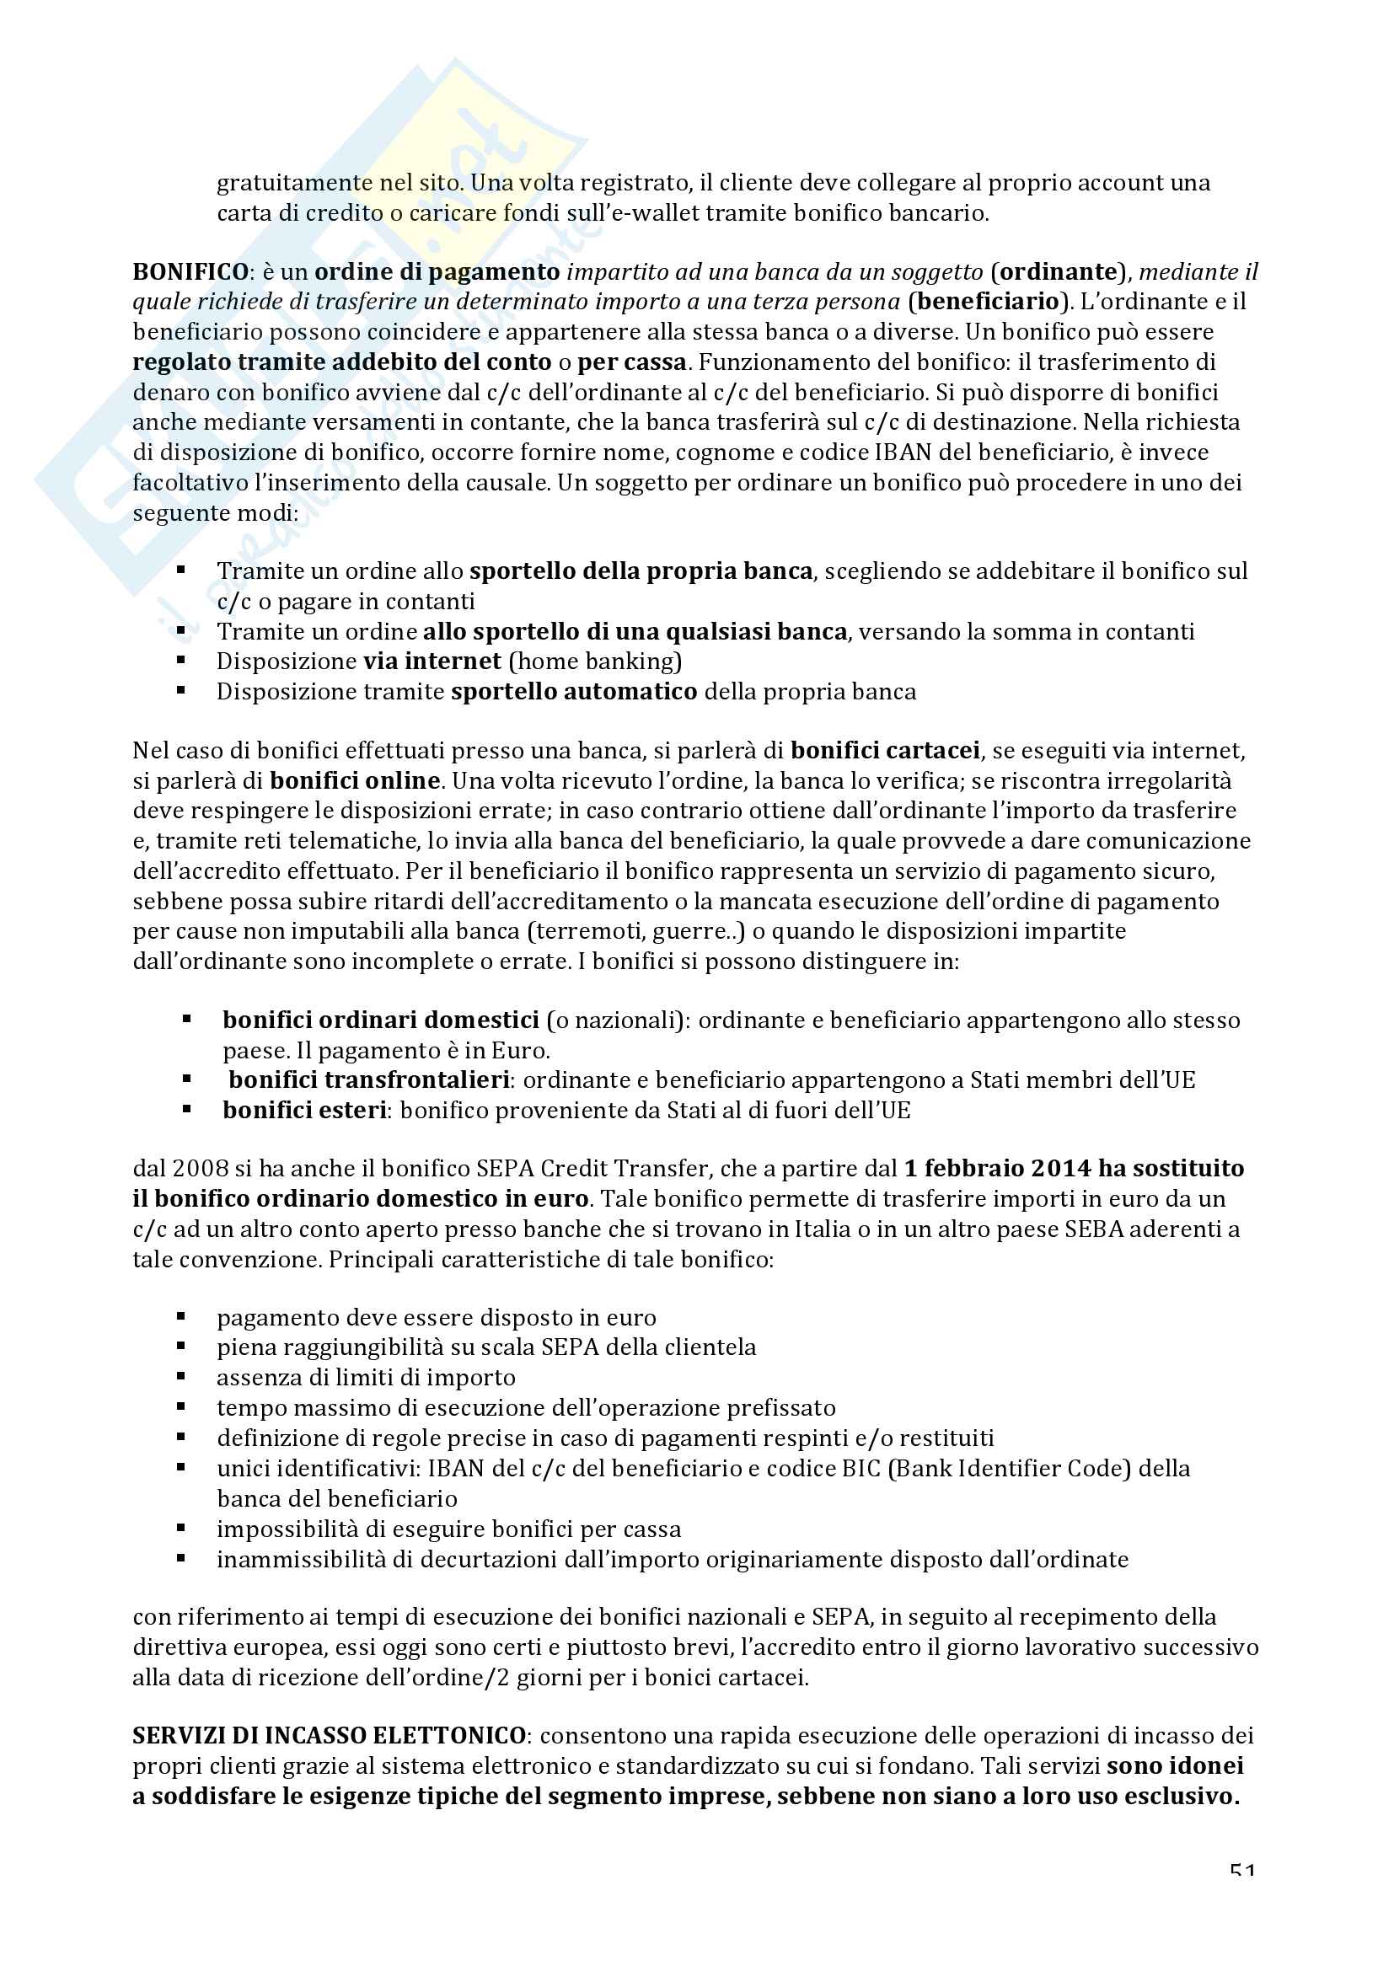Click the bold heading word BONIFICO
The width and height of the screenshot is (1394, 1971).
[190, 272]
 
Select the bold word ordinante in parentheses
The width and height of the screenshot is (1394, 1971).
[1060, 272]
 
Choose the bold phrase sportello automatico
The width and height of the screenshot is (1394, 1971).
[573, 692]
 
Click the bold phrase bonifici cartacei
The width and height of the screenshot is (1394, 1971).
[885, 751]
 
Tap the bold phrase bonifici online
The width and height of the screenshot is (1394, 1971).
[355, 781]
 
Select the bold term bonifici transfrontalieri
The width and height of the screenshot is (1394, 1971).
[369, 1080]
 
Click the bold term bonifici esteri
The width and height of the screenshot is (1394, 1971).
[305, 1111]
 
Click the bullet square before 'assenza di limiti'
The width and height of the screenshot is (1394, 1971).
[181, 1377]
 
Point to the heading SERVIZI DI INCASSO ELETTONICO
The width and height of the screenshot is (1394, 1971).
[329, 1736]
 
